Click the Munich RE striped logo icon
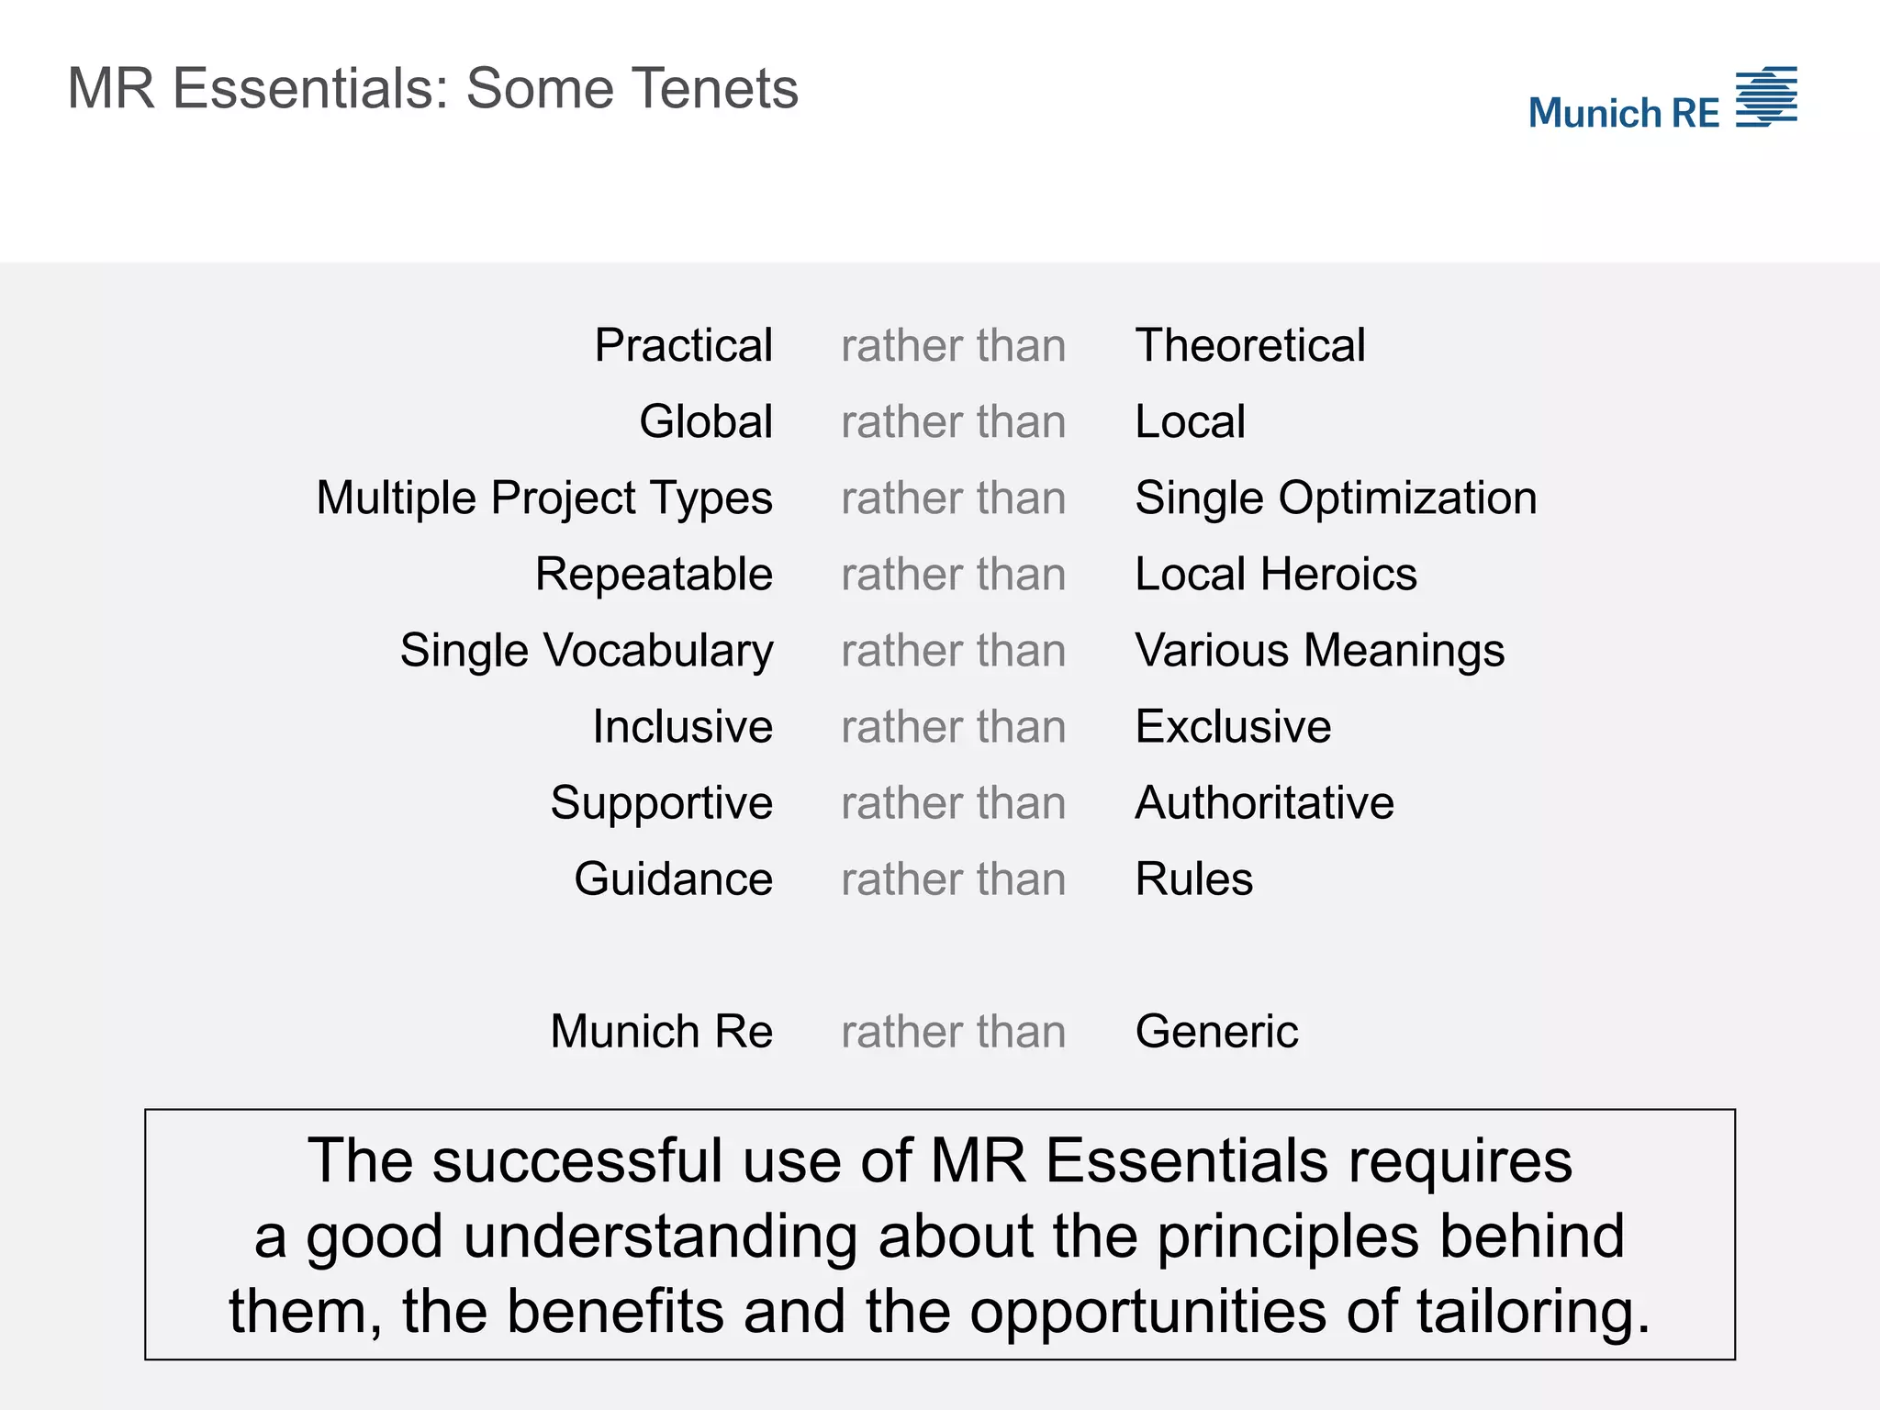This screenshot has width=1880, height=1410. coord(1766,96)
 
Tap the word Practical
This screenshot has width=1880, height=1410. coord(683,346)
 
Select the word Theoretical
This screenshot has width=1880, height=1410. coord(1250,346)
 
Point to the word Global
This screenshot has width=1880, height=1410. coord(706,422)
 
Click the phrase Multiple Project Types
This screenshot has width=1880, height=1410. coord(544,498)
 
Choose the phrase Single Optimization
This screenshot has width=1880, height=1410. coord(1336,498)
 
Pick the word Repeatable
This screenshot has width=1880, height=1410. coord(654,575)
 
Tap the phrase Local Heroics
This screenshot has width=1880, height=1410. coord(1276,575)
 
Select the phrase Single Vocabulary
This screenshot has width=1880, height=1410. coord(587,651)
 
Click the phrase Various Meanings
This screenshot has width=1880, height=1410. coord(1320,651)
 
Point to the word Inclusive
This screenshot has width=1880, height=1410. coord(682,727)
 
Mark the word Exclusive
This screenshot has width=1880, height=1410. coord(1233,727)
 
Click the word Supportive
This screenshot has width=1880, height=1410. coord(662,803)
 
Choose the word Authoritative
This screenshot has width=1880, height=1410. coord(1265,803)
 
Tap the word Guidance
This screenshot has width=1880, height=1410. coord(673,879)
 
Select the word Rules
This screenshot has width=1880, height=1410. coord(1194,879)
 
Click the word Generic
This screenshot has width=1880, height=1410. coord(1217,1032)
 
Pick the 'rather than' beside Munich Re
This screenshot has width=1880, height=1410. coord(954,1032)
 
